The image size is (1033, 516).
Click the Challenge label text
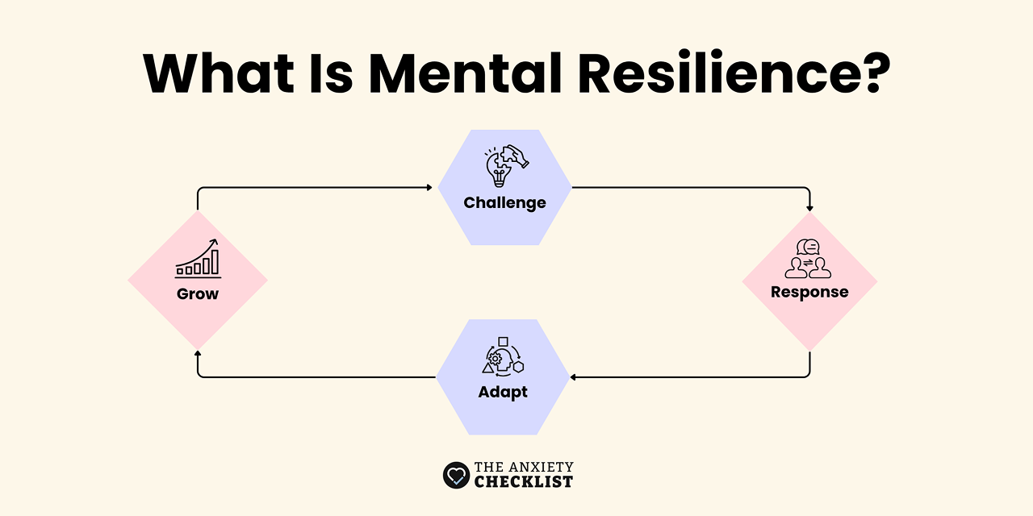504,203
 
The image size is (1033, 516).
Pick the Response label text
809,292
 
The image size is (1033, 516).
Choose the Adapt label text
503,393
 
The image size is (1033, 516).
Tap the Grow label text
198,293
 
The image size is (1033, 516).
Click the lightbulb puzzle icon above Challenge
505,166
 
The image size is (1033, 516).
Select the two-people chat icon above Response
808,259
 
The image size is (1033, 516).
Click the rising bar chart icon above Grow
198,258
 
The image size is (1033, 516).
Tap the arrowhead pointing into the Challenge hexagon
429,188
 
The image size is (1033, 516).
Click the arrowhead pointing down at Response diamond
809,207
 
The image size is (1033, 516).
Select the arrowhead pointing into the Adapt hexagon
572,377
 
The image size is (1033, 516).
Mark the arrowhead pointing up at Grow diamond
198,354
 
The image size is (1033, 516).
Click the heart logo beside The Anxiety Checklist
456,475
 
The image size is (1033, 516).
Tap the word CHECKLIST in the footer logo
523,482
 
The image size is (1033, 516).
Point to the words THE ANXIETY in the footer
524,467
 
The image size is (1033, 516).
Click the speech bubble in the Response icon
809,247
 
